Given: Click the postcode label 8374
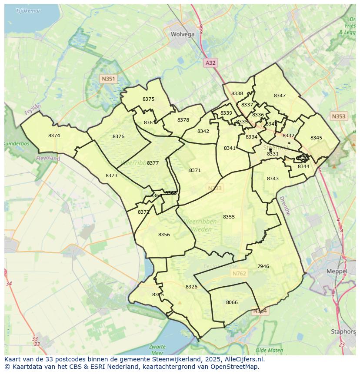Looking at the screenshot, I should click(x=54, y=136).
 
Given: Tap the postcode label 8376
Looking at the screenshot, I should click(x=118, y=136).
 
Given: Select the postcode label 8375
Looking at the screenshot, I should click(x=148, y=99).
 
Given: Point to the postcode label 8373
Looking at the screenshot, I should click(x=111, y=175).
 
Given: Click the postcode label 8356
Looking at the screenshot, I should click(x=164, y=235).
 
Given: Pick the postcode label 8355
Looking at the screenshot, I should click(x=229, y=217).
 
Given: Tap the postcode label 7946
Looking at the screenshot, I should click(x=263, y=266).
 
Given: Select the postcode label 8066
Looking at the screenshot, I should click(x=232, y=302).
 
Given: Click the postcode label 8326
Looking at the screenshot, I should click(x=191, y=287).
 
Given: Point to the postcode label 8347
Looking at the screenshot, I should click(x=280, y=96).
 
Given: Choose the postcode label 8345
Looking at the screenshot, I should click(x=316, y=138).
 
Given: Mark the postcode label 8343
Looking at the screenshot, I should click(x=273, y=179).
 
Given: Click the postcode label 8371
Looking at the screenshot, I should click(x=195, y=170).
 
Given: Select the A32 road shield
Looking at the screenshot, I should click(x=210, y=63).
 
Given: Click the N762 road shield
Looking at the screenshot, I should click(x=239, y=273).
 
